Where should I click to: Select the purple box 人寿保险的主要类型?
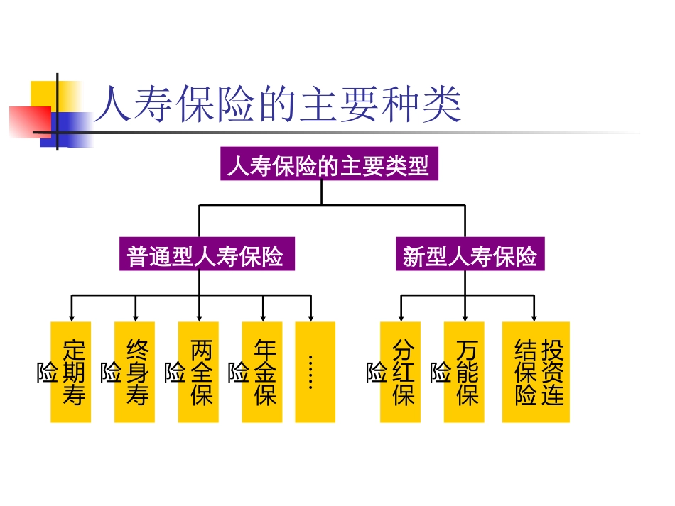(x=328, y=165)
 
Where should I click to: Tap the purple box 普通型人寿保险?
(x=206, y=255)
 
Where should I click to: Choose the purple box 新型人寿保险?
(x=470, y=255)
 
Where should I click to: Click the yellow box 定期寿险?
(x=71, y=372)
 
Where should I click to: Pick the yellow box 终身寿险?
(x=135, y=372)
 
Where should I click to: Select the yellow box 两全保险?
(x=199, y=372)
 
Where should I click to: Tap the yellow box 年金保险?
(x=262, y=372)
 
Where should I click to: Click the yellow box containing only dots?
(x=315, y=372)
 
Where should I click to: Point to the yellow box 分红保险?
(x=400, y=372)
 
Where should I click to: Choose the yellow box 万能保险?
(x=464, y=372)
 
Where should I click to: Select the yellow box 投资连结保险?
(x=536, y=372)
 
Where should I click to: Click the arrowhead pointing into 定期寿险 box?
(x=71, y=317)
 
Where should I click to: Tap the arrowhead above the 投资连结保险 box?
(x=534, y=317)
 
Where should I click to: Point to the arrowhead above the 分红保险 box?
(x=401, y=317)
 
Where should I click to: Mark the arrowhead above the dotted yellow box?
(x=310, y=317)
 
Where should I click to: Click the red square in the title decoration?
(x=28, y=121)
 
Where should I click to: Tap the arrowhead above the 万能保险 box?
(x=465, y=317)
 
